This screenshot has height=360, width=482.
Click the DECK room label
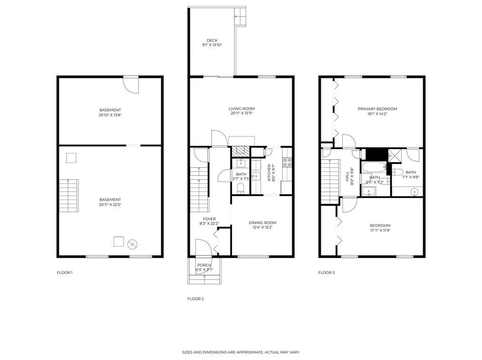pyautogui.click(x=212, y=40)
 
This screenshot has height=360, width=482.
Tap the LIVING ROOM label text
pyautogui.click(x=241, y=109)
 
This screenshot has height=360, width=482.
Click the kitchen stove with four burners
pyautogui.click(x=287, y=162)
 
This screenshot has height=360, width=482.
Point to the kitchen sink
pyautogui.click(x=256, y=177)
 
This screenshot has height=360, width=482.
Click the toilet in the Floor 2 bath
pyautogui.click(x=241, y=189)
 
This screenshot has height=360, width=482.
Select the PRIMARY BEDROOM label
pyautogui.click(x=377, y=109)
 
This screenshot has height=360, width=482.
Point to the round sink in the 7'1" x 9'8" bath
pyautogui.click(x=415, y=192)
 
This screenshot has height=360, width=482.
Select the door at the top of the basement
pyautogui.click(x=130, y=84)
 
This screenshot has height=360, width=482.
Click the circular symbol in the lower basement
pyautogui.click(x=133, y=244)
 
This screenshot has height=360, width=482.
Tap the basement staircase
pyautogui.click(x=68, y=196)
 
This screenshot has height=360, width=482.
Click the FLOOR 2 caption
pyautogui.click(x=195, y=299)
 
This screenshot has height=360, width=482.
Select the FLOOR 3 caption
pyautogui.click(x=327, y=273)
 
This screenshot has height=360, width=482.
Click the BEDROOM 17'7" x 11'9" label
pyautogui.click(x=380, y=226)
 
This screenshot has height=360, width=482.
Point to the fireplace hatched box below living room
pyautogui.click(x=241, y=151)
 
